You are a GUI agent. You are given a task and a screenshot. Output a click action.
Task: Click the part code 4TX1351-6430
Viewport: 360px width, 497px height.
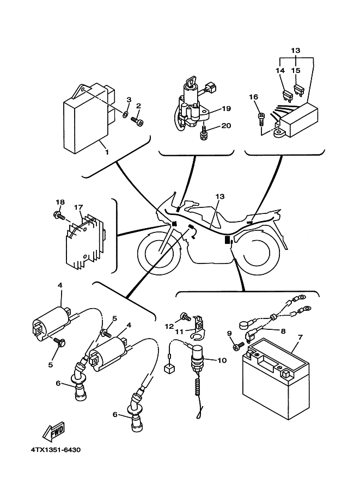(52, 450)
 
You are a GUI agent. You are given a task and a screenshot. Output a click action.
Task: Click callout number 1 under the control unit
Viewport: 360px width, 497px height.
(106, 152)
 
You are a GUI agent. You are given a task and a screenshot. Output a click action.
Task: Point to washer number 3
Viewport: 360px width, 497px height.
(125, 115)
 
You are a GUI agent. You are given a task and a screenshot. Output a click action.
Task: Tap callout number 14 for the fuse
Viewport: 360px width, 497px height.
(280, 70)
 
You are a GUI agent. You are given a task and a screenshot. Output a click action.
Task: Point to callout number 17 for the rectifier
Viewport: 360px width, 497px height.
(78, 207)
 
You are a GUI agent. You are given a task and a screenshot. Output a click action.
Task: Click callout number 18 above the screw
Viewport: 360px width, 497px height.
(60, 203)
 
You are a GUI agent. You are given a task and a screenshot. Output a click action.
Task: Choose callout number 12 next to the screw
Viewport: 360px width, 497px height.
(169, 326)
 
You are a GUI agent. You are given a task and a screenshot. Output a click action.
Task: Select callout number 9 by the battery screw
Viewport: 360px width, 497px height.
(229, 333)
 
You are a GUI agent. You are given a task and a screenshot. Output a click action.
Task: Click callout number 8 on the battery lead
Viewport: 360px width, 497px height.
(283, 330)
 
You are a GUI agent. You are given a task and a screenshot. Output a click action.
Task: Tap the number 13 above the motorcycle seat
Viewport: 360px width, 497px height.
(219, 196)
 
